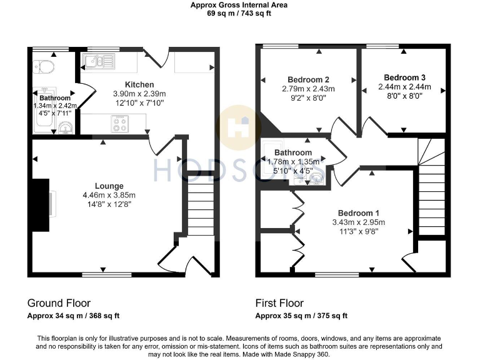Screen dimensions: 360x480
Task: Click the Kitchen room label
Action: click(139, 84)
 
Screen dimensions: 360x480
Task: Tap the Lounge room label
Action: click(109, 186)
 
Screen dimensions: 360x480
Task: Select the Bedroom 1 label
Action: click(358, 212)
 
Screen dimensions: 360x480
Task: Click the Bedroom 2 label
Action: click(308, 79)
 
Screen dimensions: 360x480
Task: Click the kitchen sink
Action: click(98, 61)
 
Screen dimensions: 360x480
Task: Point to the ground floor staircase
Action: click(200, 209)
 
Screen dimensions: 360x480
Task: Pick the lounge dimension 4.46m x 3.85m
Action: click(109, 195)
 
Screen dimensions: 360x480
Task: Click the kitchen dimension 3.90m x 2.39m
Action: click(139, 94)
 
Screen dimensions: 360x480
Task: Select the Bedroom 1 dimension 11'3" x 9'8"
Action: click(358, 231)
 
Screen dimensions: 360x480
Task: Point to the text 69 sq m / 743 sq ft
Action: click(240, 13)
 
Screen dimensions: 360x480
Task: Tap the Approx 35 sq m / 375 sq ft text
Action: click(301, 316)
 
